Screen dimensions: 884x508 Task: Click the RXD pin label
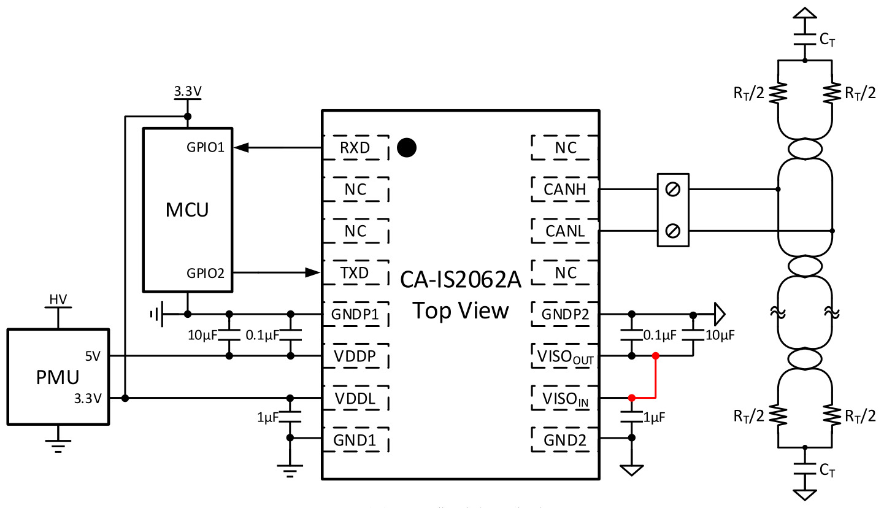point(355,148)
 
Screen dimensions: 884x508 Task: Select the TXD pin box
point(356,272)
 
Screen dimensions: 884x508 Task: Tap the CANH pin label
point(565,190)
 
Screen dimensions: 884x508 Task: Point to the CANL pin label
point(565,231)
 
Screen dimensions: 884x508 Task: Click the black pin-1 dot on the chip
point(407,148)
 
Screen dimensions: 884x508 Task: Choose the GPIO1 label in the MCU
point(206,147)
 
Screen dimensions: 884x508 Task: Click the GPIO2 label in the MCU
point(206,273)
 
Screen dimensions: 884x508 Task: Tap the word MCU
point(187,210)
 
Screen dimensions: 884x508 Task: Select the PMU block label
point(58,377)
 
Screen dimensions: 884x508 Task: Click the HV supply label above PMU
point(58,299)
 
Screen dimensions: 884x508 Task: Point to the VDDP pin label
point(355,356)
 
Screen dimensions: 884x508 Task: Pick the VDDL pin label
point(355,398)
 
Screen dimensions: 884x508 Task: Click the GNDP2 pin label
point(565,314)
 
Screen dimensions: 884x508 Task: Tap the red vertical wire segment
point(656,377)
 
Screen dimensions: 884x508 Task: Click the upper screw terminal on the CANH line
point(672,190)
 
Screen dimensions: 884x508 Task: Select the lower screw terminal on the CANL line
point(672,231)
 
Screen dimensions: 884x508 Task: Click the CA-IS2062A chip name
point(461,279)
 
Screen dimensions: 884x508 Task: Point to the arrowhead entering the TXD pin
point(313,272)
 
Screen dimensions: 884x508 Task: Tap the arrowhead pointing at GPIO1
point(241,148)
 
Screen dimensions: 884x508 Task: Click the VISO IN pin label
point(565,399)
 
